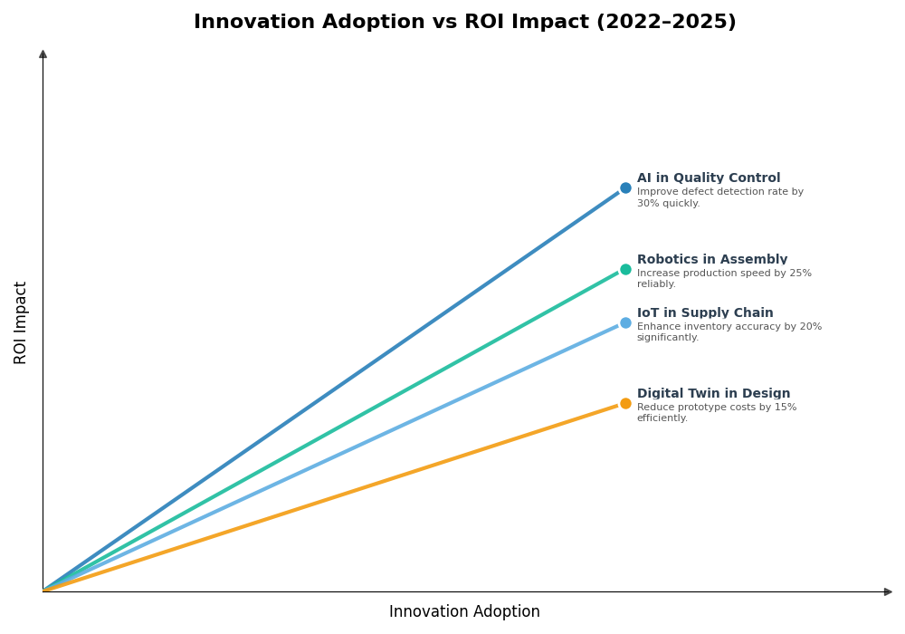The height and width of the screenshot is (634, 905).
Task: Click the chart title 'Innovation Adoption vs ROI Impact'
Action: (x=464, y=23)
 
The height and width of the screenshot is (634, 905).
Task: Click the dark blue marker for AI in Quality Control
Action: (x=625, y=188)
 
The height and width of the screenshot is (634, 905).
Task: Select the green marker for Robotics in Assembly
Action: (x=625, y=269)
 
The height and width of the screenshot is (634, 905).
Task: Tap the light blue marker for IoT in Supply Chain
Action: (x=625, y=322)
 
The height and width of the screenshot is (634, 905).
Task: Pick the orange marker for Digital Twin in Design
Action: (x=625, y=403)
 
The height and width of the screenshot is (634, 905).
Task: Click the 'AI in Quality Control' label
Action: (x=708, y=178)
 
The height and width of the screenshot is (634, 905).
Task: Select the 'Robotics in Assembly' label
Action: (x=711, y=260)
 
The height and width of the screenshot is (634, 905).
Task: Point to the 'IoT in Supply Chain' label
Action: (x=704, y=313)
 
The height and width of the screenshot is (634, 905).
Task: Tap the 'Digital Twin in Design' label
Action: (x=713, y=394)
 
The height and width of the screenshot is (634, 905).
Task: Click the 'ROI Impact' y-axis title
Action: (x=21, y=322)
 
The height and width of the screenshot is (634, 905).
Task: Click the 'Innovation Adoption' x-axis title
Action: (x=464, y=612)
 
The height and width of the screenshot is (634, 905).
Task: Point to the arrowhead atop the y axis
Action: (x=43, y=54)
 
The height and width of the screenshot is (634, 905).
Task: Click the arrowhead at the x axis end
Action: (x=888, y=591)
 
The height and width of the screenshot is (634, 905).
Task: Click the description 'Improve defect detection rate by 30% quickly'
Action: (x=719, y=197)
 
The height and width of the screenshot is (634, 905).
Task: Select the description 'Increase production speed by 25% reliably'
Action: (x=723, y=279)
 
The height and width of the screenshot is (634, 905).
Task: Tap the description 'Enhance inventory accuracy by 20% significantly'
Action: (x=729, y=332)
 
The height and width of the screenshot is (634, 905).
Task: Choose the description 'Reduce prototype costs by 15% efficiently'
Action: (x=716, y=413)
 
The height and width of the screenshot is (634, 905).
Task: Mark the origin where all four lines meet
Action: (x=43, y=591)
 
